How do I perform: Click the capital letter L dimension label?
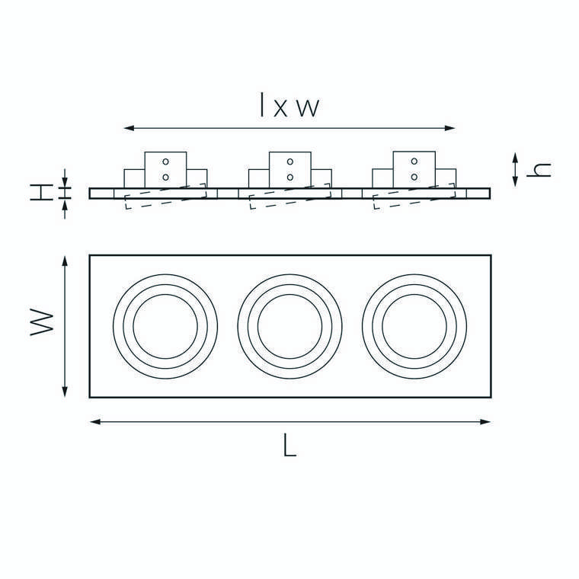click(x=289, y=445)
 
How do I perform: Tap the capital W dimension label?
click(x=42, y=322)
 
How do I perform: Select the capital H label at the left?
click(x=41, y=193)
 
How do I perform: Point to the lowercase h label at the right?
click(x=539, y=170)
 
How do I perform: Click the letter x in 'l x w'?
click(x=280, y=108)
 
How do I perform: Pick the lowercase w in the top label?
click(x=308, y=108)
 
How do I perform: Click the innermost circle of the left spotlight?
click(x=165, y=295)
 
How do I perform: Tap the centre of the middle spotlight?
click(x=289, y=326)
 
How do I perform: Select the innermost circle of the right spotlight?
click(x=414, y=295)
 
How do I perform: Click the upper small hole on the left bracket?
click(x=165, y=162)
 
